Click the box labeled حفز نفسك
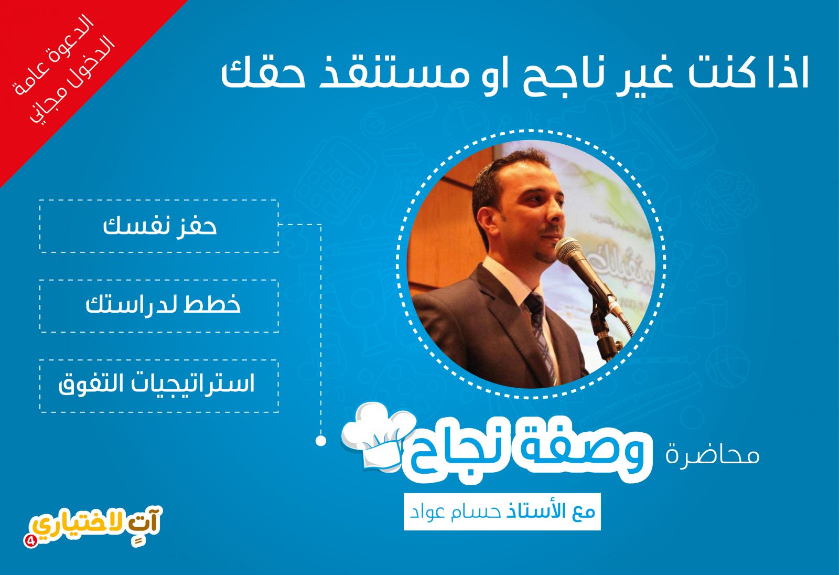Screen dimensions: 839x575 click(x=159, y=226)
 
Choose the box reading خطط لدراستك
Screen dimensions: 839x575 click(x=159, y=306)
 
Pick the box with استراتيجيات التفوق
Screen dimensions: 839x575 click(x=159, y=386)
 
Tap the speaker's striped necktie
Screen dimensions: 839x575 click(x=540, y=334)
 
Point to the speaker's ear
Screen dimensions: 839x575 click(x=480, y=217)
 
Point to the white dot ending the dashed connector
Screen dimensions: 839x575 click(x=320, y=441)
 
